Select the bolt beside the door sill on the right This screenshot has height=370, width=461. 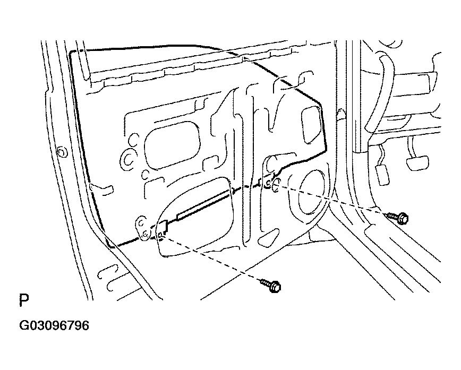[x=397, y=218]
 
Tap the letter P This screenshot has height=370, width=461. [x=24, y=300]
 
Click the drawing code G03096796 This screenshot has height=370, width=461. [x=54, y=325]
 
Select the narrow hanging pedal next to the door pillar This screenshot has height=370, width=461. [x=382, y=174]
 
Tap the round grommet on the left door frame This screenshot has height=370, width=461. [x=62, y=152]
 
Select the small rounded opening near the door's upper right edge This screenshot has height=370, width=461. [x=311, y=125]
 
